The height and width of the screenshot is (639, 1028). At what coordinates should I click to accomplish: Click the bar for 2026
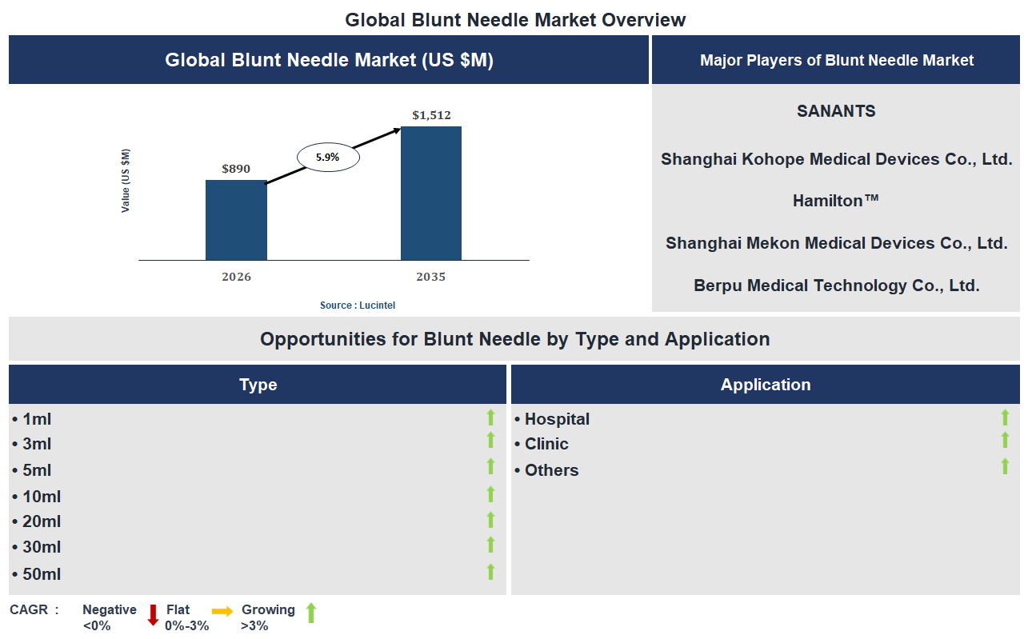(x=236, y=220)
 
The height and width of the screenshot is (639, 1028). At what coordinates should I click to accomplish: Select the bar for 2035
(x=431, y=193)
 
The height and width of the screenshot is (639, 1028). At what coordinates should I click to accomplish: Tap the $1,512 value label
(x=431, y=115)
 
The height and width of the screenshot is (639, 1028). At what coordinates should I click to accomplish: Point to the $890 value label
(x=236, y=169)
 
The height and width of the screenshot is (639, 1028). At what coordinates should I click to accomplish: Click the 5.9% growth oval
(x=328, y=158)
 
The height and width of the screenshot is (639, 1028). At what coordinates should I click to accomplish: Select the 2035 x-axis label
(x=431, y=277)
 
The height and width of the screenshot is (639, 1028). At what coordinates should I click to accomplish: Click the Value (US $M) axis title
(x=126, y=181)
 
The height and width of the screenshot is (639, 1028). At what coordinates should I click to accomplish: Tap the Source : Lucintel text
(x=358, y=306)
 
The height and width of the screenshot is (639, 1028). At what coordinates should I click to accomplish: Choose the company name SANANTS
(x=836, y=111)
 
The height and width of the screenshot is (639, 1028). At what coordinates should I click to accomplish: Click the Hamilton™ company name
(x=836, y=201)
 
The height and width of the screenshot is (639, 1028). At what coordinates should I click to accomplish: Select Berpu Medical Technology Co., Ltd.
(x=836, y=286)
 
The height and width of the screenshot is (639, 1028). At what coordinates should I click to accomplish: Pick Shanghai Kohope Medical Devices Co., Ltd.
(x=836, y=159)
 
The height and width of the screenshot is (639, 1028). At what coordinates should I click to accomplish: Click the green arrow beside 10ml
(x=490, y=494)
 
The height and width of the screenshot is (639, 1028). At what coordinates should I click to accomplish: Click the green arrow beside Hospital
(x=1005, y=417)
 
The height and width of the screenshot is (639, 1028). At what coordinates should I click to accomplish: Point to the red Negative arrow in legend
(x=153, y=615)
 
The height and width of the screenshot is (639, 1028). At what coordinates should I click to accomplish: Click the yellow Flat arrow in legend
(x=223, y=612)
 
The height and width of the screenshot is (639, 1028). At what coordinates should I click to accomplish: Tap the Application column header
(x=766, y=385)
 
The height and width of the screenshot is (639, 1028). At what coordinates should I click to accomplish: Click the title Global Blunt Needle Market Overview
(x=515, y=20)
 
